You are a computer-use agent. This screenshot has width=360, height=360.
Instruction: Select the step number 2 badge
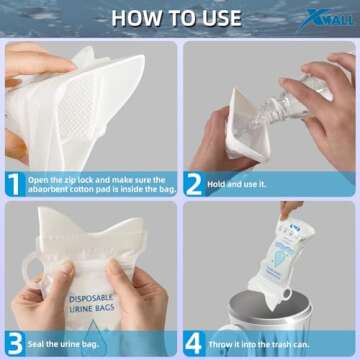point(196,183)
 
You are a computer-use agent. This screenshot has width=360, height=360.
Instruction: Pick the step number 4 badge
point(196,342)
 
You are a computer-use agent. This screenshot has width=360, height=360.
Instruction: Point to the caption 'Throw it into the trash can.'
point(262,342)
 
